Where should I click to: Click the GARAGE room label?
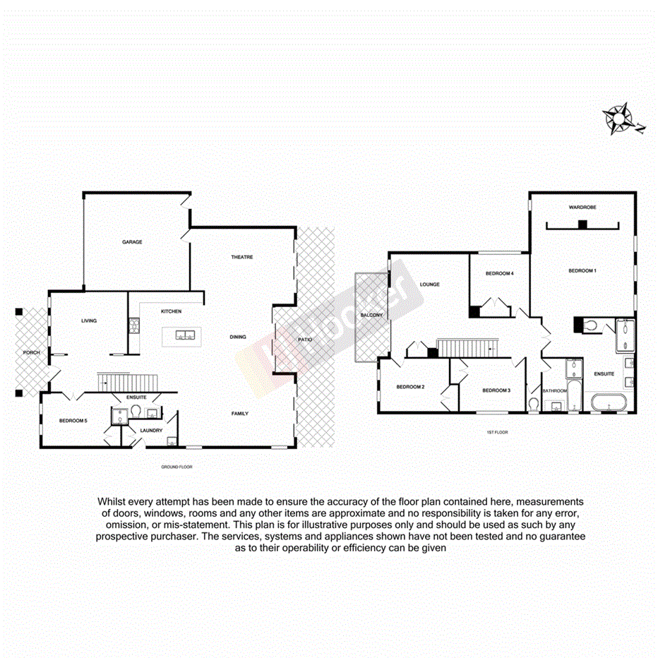point(132,242)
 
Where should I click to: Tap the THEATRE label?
point(242,257)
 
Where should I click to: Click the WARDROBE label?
point(582,208)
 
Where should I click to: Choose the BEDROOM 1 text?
point(583,270)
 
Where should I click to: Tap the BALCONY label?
point(371,315)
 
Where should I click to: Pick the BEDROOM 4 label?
point(500,273)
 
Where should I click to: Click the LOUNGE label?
point(429,285)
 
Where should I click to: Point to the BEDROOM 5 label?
point(73,421)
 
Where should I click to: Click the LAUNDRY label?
point(151,430)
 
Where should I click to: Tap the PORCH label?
point(31,352)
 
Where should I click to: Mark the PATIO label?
point(304,340)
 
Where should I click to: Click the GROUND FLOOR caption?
point(177,467)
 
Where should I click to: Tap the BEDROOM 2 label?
point(409,386)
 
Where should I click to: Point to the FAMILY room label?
point(240,414)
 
